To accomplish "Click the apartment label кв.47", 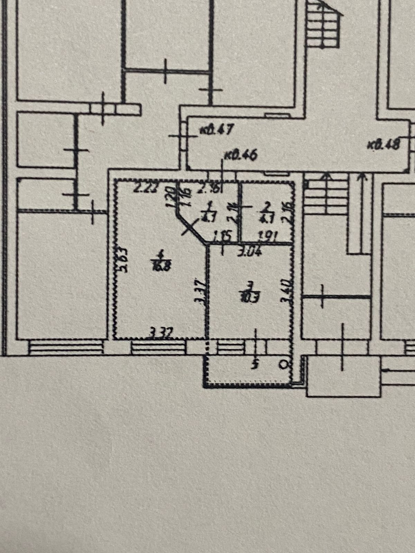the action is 217,130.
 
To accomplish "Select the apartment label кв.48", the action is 384,143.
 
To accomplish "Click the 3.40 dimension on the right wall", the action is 286,291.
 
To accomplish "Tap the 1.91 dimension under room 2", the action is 269,237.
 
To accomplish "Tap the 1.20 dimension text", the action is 170,197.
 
